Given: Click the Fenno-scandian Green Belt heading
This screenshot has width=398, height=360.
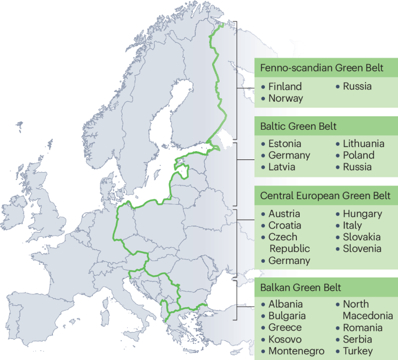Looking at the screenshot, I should (x=321, y=68).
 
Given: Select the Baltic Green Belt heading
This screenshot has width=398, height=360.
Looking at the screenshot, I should (x=299, y=126).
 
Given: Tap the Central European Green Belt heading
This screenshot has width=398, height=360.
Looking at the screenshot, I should (x=325, y=195).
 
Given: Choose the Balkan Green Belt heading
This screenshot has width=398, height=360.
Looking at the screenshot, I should (x=300, y=287).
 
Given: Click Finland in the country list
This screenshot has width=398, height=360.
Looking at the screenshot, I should (x=285, y=87).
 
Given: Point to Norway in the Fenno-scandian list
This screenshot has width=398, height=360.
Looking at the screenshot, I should (x=285, y=98).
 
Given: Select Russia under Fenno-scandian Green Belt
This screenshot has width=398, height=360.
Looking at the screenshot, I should (x=357, y=87).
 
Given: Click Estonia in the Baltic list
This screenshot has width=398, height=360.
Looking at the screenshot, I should (x=285, y=144).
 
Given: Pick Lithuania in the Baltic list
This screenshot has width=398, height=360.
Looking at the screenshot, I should (x=363, y=144).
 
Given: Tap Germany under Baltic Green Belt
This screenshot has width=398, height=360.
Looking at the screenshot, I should (x=289, y=155).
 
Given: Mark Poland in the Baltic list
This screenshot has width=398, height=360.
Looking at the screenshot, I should (x=358, y=155).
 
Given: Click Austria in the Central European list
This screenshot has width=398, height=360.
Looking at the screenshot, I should (x=284, y=214).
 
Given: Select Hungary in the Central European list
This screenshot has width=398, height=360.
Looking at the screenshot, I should (x=362, y=214).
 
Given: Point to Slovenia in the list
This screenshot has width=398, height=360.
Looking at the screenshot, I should (x=361, y=249).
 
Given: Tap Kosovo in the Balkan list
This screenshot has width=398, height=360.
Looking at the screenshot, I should (x=285, y=339).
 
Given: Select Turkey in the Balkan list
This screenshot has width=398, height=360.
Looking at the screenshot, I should (x=357, y=351).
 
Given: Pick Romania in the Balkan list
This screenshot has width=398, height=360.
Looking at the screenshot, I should (x=362, y=327).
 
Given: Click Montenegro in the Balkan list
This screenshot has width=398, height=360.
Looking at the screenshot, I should (x=296, y=351).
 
